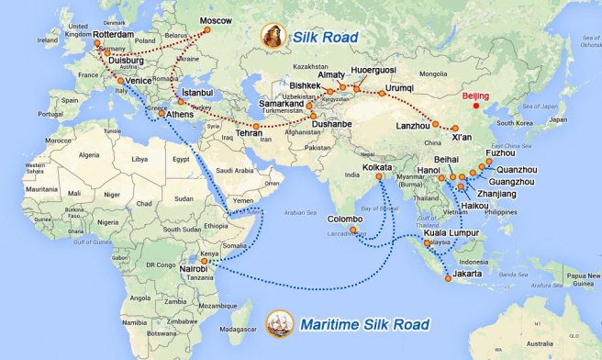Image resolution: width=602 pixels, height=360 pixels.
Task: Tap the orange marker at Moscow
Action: (206, 30)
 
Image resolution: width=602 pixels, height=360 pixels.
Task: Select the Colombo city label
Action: (347, 219)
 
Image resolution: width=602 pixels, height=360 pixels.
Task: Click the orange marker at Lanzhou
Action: (436, 125)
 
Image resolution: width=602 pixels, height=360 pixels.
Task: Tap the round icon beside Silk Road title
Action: (273, 37)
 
